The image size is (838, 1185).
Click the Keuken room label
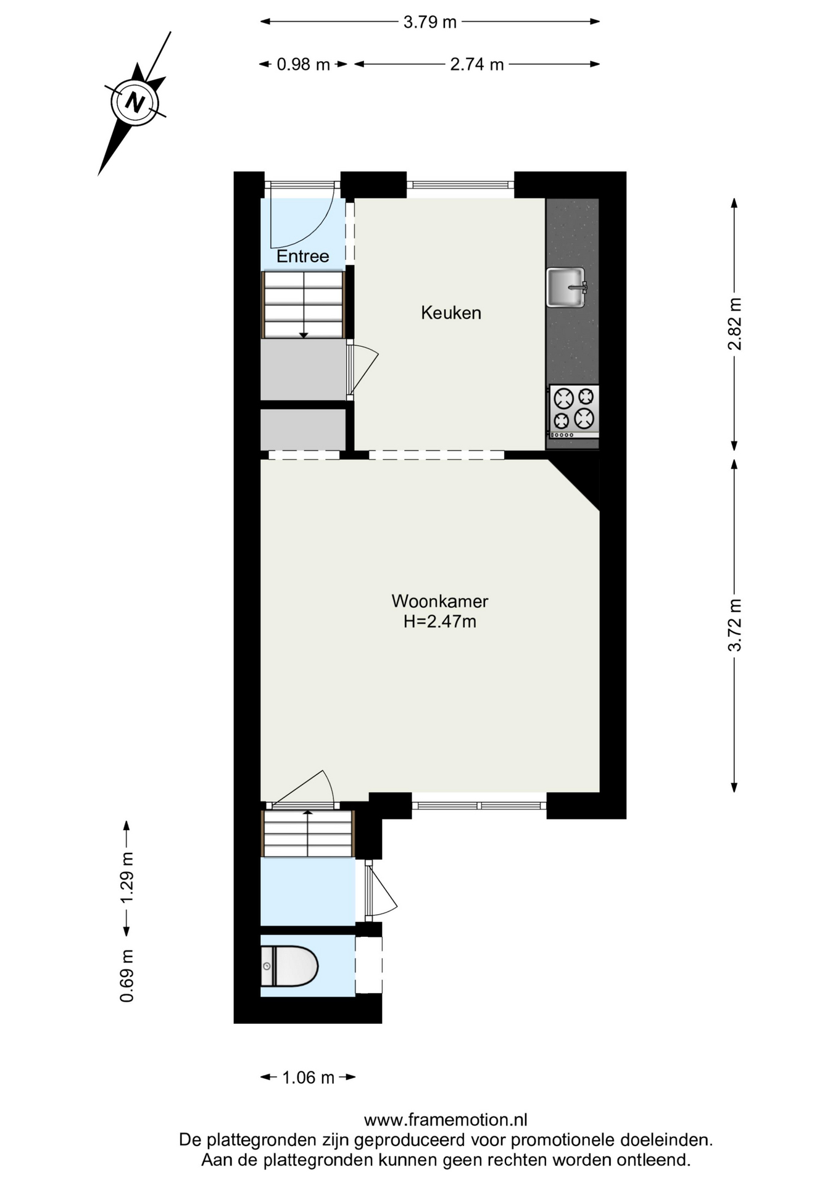click(451, 313)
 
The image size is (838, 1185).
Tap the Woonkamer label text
click(440, 601)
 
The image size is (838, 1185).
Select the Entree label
click(302, 256)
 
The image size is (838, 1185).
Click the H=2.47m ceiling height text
click(440, 622)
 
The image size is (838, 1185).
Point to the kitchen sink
click(566, 287)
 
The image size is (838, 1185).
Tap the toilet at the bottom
click(289, 966)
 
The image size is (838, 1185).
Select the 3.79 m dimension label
click(430, 22)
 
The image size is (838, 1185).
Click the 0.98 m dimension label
click(303, 64)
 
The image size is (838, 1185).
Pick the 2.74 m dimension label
click(477, 64)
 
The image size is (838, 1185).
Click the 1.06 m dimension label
click(308, 1078)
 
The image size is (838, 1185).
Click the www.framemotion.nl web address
click(446, 1120)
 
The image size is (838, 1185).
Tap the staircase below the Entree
click(303, 305)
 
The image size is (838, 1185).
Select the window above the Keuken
click(460, 185)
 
